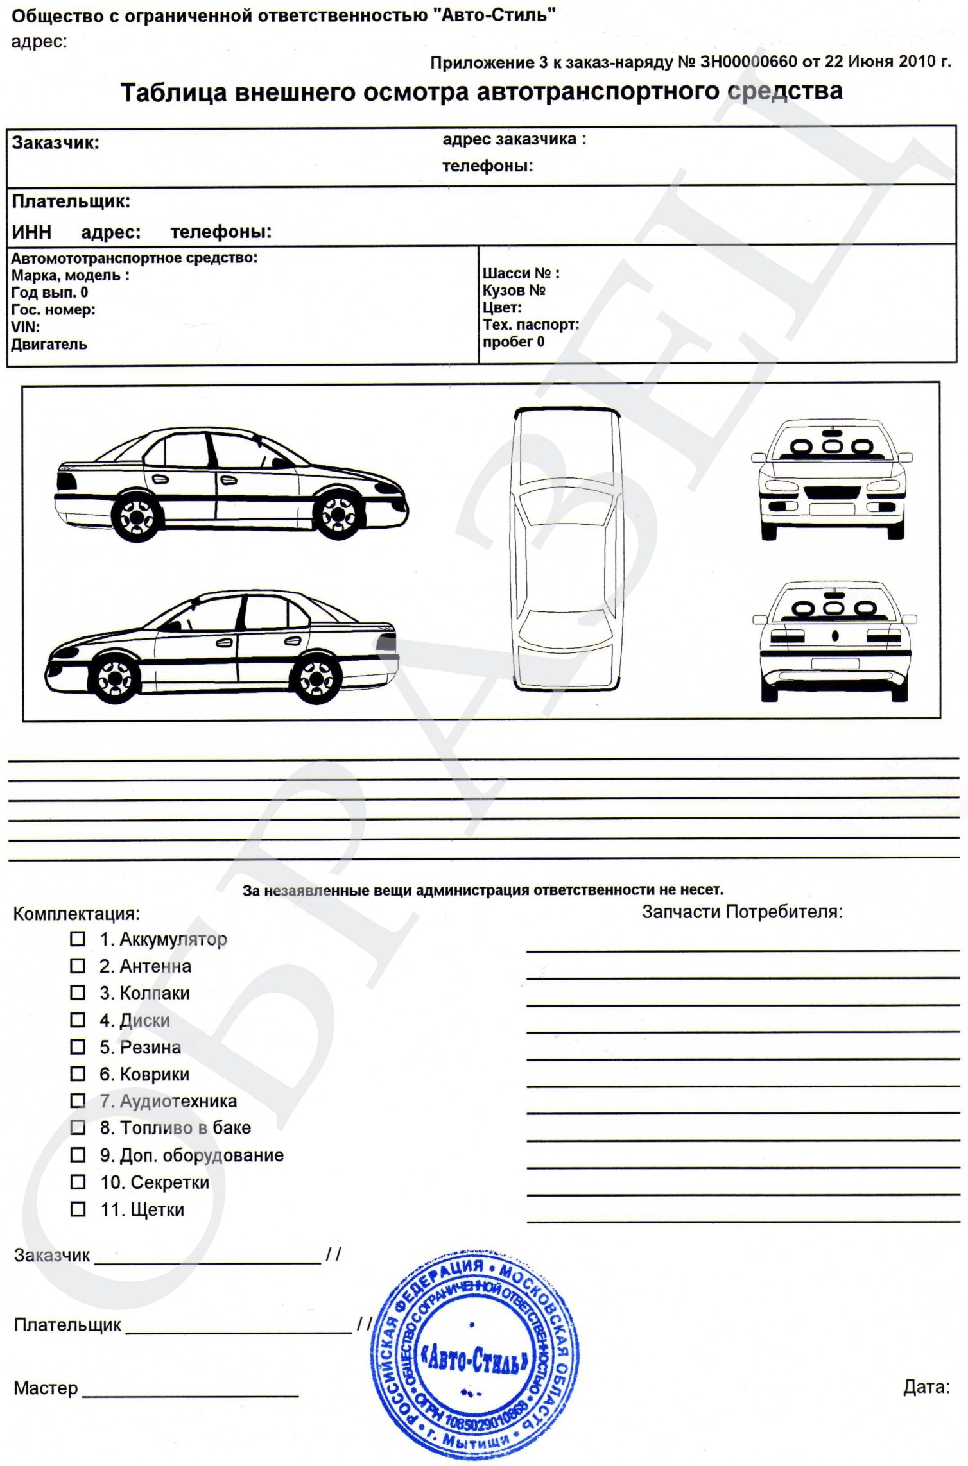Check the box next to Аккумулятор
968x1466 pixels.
click(x=78, y=939)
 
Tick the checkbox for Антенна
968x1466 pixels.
click(x=78, y=966)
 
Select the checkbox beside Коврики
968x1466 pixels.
click(x=78, y=1074)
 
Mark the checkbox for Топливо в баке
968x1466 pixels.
click(x=78, y=1127)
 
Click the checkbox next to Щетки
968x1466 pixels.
click(x=78, y=1209)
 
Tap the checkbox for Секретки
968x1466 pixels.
click(x=78, y=1182)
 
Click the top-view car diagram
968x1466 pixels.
click(x=567, y=549)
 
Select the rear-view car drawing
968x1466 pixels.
click(x=834, y=641)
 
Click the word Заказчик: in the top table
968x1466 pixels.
click(x=56, y=143)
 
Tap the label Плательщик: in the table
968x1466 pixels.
click(x=71, y=201)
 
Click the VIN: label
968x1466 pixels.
click(x=26, y=327)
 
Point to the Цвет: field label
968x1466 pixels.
click(x=502, y=307)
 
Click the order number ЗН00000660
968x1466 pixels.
click(x=748, y=62)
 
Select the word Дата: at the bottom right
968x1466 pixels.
click(x=926, y=1387)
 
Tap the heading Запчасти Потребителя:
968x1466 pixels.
click(x=742, y=912)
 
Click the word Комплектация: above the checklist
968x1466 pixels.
click(x=76, y=914)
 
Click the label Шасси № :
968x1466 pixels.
click(x=521, y=273)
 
